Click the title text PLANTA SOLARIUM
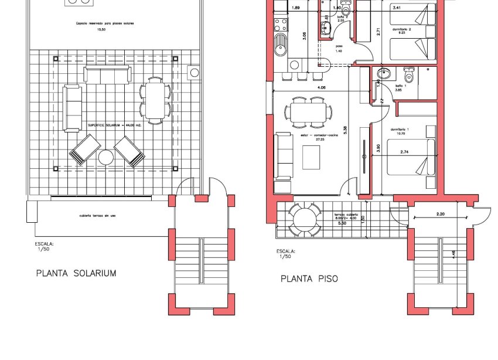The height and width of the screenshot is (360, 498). point(76,273)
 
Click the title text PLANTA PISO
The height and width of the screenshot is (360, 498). point(309,279)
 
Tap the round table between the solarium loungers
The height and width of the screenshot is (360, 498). point(106,157)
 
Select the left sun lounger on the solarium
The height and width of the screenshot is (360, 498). point(85,150)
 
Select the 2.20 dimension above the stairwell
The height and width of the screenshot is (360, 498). point(441,215)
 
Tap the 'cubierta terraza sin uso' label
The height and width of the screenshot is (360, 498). point(98,216)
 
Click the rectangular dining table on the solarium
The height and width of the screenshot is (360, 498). point(155,100)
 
